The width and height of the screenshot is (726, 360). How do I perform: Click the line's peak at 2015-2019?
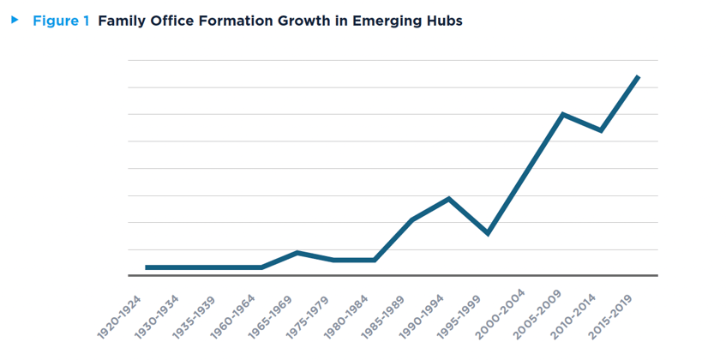pyautogui.click(x=638, y=77)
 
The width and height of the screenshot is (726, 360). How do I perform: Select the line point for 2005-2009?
pyautogui.click(x=562, y=114)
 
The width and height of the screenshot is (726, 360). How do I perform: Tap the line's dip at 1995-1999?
pyautogui.click(x=488, y=233)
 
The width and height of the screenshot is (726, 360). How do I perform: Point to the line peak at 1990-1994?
pyautogui.click(x=449, y=199)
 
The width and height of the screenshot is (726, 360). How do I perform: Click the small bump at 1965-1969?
pyautogui.click(x=298, y=253)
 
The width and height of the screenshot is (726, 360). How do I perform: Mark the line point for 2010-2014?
pyautogui.click(x=601, y=130)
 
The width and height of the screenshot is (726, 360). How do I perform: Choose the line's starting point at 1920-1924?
pyautogui.click(x=147, y=267)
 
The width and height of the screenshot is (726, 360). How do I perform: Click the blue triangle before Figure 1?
pyautogui.click(x=15, y=20)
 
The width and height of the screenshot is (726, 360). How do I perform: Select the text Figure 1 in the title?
pyautogui.click(x=61, y=21)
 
